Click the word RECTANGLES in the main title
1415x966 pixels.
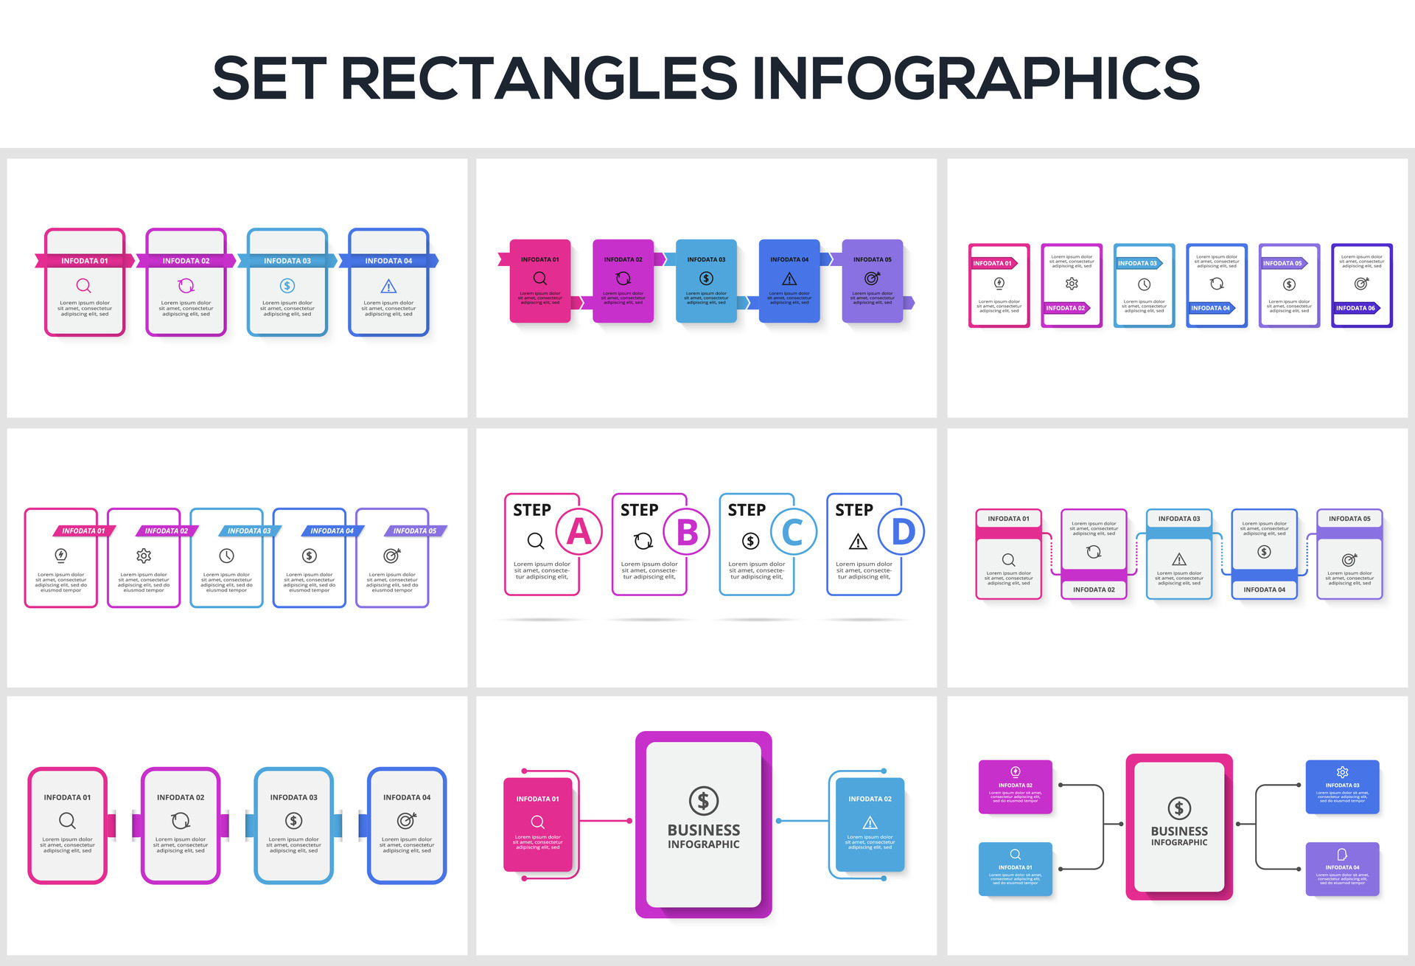point(538,78)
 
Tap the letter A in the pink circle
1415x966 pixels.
point(579,531)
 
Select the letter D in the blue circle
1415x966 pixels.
point(903,531)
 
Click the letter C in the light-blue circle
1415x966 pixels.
point(793,531)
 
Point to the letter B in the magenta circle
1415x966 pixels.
point(687,531)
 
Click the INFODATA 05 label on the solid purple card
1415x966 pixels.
point(872,259)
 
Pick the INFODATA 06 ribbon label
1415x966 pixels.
point(1355,308)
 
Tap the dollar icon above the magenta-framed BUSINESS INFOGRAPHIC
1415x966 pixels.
point(703,800)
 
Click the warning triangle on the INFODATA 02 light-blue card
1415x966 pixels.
point(870,822)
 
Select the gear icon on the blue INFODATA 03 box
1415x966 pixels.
point(1342,771)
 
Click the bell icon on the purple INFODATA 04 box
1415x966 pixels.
point(1342,854)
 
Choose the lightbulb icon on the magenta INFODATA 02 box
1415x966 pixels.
point(1015,771)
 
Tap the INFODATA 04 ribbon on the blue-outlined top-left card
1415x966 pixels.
point(388,261)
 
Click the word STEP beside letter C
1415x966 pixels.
point(747,510)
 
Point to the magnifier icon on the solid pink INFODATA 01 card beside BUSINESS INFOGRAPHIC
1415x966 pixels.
point(537,822)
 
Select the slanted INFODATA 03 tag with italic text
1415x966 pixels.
point(248,531)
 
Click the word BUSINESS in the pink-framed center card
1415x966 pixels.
point(1179,830)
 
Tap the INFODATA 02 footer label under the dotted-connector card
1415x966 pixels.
point(1094,589)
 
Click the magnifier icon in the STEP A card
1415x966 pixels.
point(536,542)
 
